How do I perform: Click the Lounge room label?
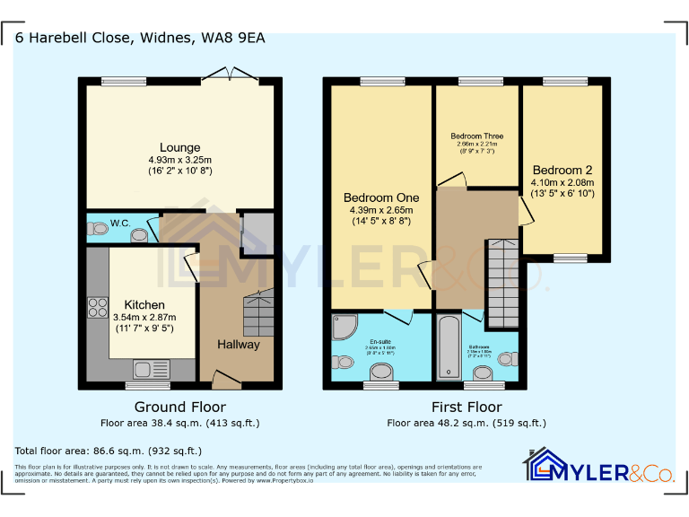[x=179, y=147]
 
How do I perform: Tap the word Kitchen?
[x=144, y=304]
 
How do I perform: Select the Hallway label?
[x=239, y=344]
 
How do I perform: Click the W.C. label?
[x=120, y=223]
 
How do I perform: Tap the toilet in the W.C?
[x=97, y=230]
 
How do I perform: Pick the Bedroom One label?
[x=381, y=197]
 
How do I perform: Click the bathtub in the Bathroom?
[x=448, y=346]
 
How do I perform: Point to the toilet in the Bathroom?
[x=507, y=359]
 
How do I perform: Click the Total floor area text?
[x=109, y=451]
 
